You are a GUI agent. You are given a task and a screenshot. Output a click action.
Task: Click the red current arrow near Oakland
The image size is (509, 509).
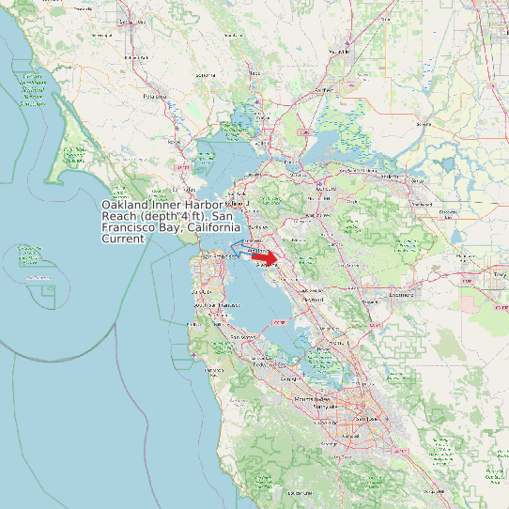tap(266, 257)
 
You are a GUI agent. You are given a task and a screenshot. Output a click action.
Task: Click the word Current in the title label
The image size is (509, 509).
tap(123, 239)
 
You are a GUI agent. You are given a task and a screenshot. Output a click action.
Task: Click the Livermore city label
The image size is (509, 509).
tap(400, 294)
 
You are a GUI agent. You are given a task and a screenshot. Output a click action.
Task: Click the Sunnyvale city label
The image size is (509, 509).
tap(322, 407)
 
